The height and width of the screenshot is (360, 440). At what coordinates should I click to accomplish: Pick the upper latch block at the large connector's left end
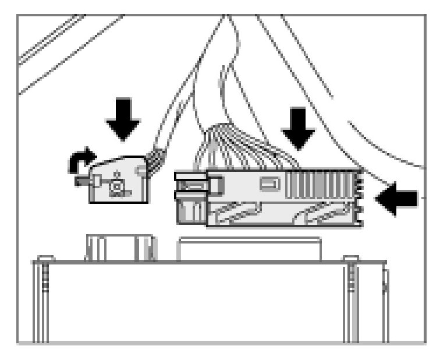[x=191, y=182]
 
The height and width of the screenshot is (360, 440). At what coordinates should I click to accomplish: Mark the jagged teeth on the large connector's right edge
[x=359, y=198]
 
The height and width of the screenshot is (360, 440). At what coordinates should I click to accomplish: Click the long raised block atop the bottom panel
[x=250, y=248]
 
